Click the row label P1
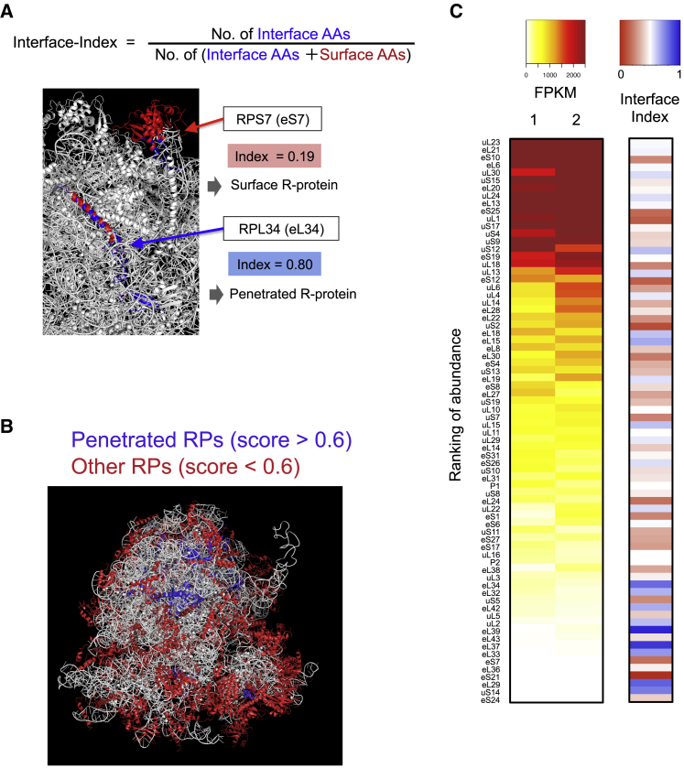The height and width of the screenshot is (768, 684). click(494, 485)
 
